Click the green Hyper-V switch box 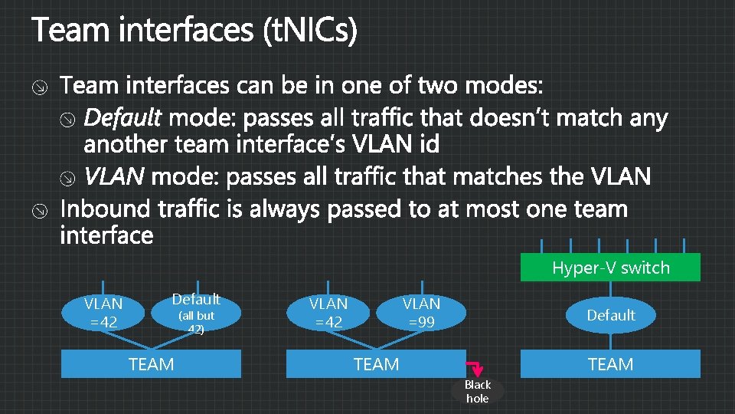click(x=610, y=268)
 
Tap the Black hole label click(x=477, y=391)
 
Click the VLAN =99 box click(x=421, y=313)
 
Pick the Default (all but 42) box click(x=196, y=313)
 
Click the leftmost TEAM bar click(x=151, y=364)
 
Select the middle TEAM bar click(x=376, y=364)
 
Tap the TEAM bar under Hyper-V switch click(x=610, y=364)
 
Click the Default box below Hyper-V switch click(x=610, y=315)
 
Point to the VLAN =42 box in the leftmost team click(x=103, y=313)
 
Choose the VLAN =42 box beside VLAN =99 click(x=328, y=313)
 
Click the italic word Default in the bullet click(x=122, y=119)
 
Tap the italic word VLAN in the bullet click(x=114, y=178)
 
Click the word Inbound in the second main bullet click(x=107, y=209)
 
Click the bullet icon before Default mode click(x=67, y=120)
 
